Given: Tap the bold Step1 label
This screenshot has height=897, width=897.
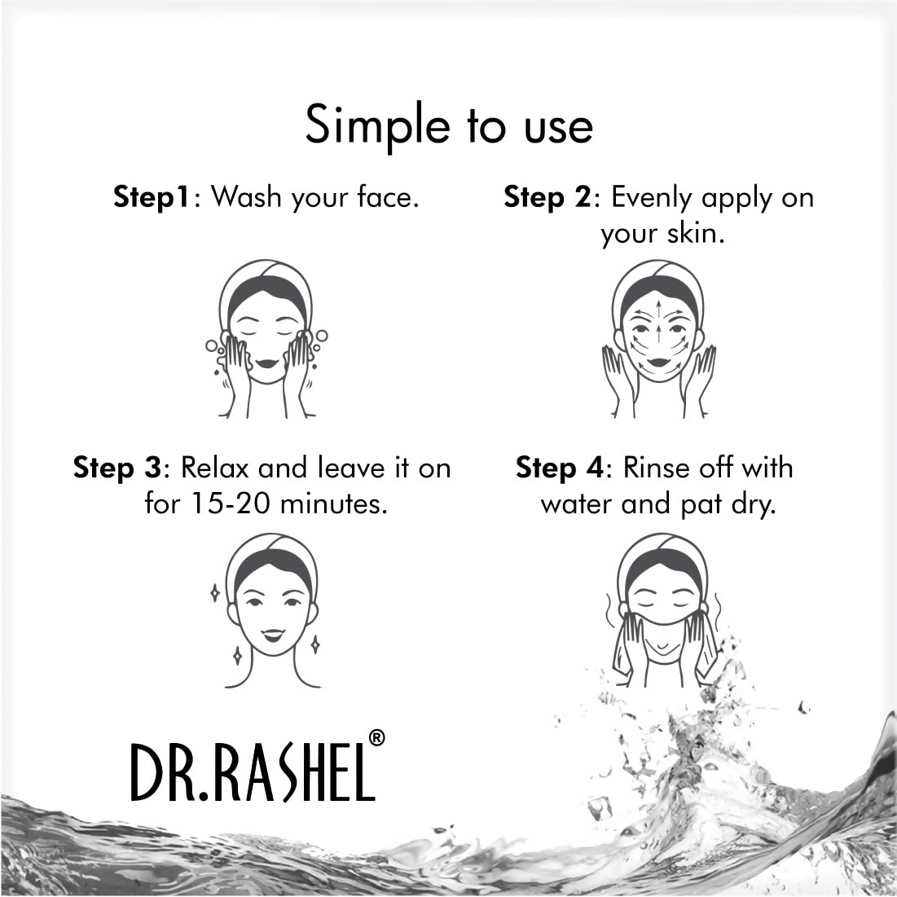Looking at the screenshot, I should pyautogui.click(x=152, y=198).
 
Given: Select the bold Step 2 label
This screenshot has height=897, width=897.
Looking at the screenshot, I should pyautogui.click(x=546, y=198).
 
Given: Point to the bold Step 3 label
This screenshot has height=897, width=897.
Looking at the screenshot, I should pyautogui.click(x=117, y=468).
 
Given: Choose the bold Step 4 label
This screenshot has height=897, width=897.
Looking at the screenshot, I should pyautogui.click(x=559, y=468).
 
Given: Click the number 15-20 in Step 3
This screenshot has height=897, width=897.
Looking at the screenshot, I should pyautogui.click(x=229, y=504).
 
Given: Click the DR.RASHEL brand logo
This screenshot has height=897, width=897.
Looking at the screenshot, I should pyautogui.click(x=253, y=769).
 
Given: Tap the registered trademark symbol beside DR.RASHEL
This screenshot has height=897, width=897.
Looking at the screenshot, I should pyautogui.click(x=376, y=737).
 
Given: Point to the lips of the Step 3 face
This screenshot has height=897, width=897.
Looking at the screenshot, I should pyautogui.click(x=273, y=632).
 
